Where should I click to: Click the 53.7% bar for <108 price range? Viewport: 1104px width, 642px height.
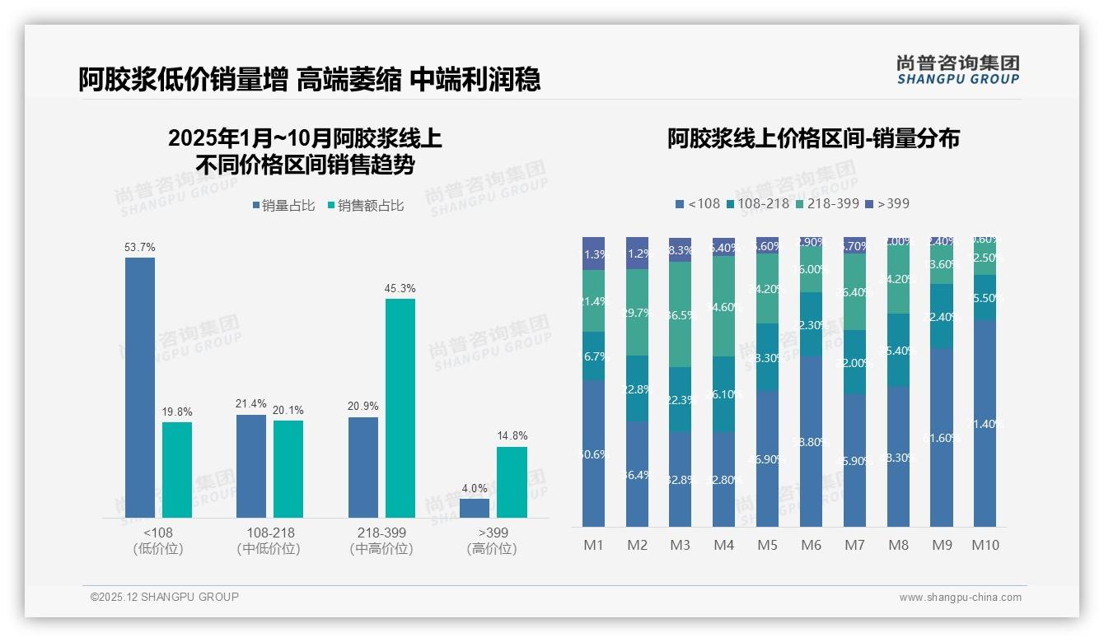(x=140, y=387)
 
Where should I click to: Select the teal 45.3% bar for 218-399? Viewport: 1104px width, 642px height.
(x=400, y=407)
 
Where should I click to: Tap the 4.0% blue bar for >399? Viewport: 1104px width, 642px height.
(x=475, y=508)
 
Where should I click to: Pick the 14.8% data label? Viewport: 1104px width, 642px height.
(x=512, y=435)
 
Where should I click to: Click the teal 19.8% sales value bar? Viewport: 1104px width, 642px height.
(x=177, y=469)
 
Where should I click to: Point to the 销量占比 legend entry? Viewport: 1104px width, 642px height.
(x=283, y=206)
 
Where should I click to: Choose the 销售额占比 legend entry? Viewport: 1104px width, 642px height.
(x=366, y=206)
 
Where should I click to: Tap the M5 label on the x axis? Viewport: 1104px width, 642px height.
(x=767, y=545)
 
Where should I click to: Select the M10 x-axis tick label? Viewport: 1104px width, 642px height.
(x=985, y=545)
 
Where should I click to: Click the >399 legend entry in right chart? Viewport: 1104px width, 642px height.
(x=888, y=203)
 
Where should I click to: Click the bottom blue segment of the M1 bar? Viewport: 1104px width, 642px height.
(x=594, y=453)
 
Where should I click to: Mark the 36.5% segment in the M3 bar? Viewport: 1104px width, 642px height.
(x=680, y=314)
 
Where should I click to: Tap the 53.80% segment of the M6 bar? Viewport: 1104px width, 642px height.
(x=811, y=441)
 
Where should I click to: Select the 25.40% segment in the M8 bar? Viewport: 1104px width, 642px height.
(x=898, y=350)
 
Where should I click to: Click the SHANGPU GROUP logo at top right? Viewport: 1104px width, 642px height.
(x=957, y=69)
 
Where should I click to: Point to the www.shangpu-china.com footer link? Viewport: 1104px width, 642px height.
(x=960, y=598)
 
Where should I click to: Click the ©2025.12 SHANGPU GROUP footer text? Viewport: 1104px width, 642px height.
(x=165, y=597)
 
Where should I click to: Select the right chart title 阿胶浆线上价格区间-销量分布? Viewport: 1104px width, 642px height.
(x=813, y=138)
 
